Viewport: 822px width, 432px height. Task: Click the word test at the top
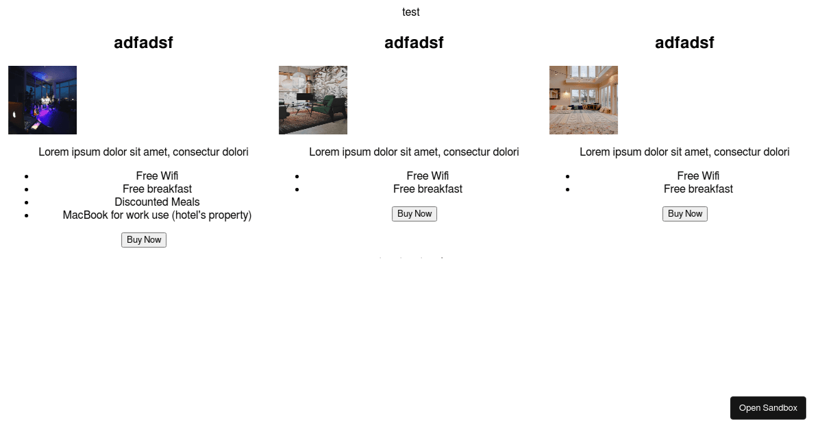(x=410, y=12)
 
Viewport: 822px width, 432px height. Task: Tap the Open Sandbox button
(x=768, y=408)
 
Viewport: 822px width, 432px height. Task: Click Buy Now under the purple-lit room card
(x=144, y=240)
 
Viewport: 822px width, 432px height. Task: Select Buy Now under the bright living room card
(x=685, y=214)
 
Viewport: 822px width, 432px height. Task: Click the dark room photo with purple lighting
(x=42, y=100)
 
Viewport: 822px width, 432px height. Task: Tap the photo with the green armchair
(x=313, y=100)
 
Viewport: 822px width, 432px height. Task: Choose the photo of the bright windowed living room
(x=584, y=100)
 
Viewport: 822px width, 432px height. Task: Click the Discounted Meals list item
(x=157, y=202)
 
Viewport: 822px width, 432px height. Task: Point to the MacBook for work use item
(x=157, y=215)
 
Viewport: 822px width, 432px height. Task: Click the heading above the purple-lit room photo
(x=143, y=43)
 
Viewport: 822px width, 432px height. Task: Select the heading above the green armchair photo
(x=414, y=43)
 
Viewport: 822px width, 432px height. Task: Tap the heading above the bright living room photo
(x=684, y=43)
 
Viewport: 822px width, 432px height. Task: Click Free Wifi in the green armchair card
(x=427, y=176)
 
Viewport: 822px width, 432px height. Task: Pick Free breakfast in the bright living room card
(x=698, y=189)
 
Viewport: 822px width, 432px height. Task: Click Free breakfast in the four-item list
(x=157, y=189)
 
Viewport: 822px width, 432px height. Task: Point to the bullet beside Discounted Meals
(x=27, y=202)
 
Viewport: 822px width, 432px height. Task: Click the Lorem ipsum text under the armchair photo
(x=414, y=152)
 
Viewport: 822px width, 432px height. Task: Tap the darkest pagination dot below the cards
(x=442, y=258)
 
